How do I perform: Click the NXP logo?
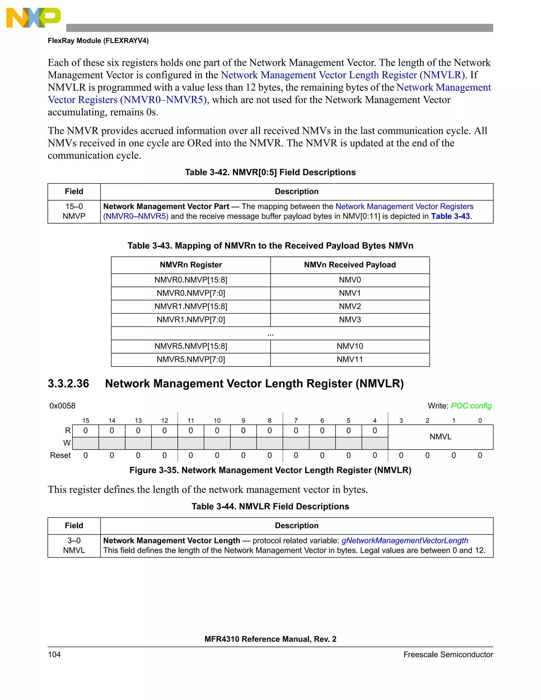pos(33,18)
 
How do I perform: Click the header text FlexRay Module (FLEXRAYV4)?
pos(98,41)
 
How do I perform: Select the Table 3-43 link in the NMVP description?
pos(450,216)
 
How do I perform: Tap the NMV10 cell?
pos(350,346)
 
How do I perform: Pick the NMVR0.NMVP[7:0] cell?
pos(191,293)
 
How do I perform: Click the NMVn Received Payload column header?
pos(350,265)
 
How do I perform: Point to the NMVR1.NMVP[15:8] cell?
pos(191,306)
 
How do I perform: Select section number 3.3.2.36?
pos(68,384)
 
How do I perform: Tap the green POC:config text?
pos(471,406)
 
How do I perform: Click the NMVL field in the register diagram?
pos(440,437)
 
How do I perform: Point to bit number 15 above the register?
pos(86,421)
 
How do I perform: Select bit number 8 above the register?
pos(269,421)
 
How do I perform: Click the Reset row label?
pos(60,455)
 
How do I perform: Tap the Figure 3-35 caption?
pos(270,470)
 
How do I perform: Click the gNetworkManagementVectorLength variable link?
pos(404,541)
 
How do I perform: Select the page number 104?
pos(54,655)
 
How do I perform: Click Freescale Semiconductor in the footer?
pos(448,655)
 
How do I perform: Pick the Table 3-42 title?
pos(270,172)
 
